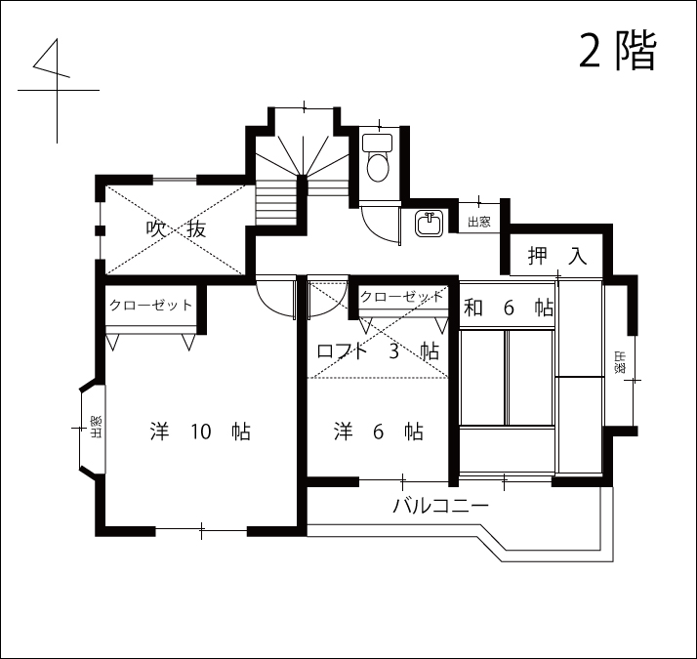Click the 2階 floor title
coord(618,51)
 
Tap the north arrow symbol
coord(57,90)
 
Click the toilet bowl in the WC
coord(378,167)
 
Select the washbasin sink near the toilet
coord(430,224)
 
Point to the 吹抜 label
coord(176,229)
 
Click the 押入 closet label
coord(557,256)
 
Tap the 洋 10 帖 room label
coord(200,432)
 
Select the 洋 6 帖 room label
coord(379,432)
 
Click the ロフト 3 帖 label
coord(379,351)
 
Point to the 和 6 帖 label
coord(509,308)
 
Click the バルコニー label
coord(441,506)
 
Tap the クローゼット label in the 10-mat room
coord(150,305)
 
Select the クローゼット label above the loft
coord(402,297)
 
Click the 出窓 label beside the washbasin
coord(479,222)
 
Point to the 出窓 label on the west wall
coord(96,427)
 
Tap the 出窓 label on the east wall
coord(620,362)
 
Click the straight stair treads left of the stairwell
coord(276,202)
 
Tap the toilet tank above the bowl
coord(378,143)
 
